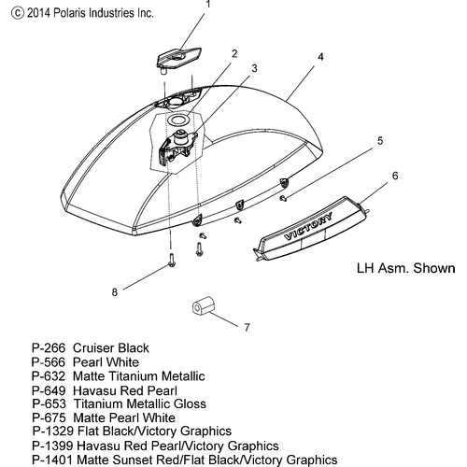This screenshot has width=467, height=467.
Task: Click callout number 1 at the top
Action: (208, 5)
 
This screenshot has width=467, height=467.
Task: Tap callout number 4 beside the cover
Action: (320, 57)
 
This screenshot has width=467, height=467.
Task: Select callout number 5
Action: (380, 141)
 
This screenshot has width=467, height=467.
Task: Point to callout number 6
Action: (395, 176)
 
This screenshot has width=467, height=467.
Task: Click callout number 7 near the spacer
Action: (247, 327)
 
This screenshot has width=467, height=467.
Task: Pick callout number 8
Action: (115, 292)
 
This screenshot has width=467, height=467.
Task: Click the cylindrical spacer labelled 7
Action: (203, 306)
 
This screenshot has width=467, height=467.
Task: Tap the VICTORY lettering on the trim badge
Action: (308, 227)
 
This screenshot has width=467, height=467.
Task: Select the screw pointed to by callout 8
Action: (172, 260)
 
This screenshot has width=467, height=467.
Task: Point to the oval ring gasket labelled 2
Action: (178, 120)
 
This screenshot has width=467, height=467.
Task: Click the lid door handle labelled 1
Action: (178, 59)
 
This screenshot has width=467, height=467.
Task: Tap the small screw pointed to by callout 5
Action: (283, 198)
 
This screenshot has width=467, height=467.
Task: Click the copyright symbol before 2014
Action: (17, 13)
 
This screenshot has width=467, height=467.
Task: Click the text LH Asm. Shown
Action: (405, 268)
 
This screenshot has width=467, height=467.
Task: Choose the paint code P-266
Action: (49, 347)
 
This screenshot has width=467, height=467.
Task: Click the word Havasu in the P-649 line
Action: (94, 390)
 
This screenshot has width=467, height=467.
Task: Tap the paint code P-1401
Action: (52, 460)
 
